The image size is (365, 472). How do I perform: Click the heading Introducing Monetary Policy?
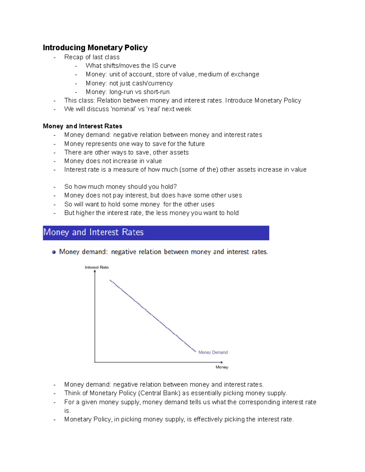tap(95, 48)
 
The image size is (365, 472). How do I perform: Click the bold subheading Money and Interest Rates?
tap(82, 126)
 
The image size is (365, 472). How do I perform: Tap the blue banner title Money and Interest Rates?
tap(93, 233)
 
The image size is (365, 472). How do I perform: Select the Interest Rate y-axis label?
tap(97, 267)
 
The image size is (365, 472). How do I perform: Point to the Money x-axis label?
tap(222, 367)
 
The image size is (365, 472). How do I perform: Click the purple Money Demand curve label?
tap(213, 353)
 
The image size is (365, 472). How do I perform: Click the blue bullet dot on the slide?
tap(54, 252)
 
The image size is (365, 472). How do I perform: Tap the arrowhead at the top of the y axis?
tap(95, 271)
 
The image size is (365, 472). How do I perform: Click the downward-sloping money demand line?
tap(152, 315)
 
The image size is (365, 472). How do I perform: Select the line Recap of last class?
tap(92, 57)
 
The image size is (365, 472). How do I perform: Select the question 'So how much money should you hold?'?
tap(120, 187)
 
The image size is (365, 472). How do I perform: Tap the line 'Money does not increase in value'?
tap(113, 161)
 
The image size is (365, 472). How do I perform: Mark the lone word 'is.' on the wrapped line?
tap(67, 411)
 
